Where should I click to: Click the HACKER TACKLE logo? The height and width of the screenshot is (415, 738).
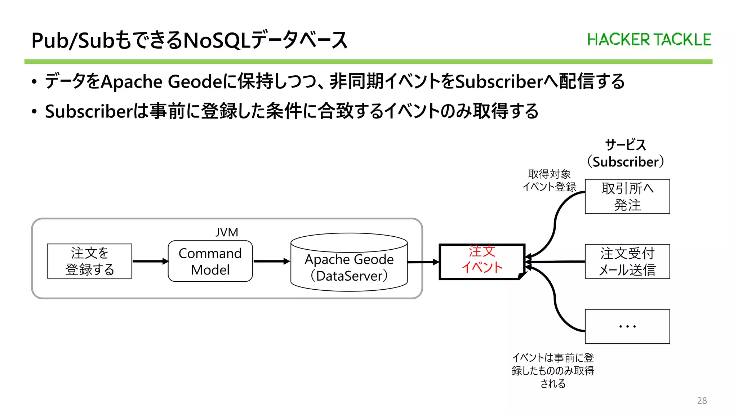tap(649, 40)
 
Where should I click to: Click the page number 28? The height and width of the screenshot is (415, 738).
tap(702, 401)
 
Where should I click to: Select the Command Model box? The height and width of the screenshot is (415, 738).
tap(210, 261)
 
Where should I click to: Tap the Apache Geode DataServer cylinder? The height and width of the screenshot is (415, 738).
tap(349, 267)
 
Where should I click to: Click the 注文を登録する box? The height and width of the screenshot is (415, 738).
tap(89, 261)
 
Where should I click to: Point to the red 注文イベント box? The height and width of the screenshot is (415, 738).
tap(482, 261)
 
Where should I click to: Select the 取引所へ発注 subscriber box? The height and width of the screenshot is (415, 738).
tap(627, 196)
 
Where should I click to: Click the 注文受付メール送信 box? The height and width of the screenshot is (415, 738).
tap(627, 262)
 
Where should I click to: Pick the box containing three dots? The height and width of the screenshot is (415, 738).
tap(627, 326)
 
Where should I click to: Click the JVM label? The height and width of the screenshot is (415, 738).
tap(227, 232)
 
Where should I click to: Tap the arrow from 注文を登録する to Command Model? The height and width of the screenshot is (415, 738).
tap(150, 261)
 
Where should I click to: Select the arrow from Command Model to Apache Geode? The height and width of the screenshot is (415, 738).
tap(271, 261)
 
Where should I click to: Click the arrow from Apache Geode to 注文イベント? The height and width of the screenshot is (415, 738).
tap(423, 262)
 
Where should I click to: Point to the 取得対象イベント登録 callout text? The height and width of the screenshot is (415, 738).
tap(549, 180)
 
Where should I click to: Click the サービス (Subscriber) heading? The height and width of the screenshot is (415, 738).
tap(625, 153)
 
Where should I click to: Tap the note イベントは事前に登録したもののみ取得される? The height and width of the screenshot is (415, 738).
tap(553, 370)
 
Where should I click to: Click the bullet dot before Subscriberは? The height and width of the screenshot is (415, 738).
tap(34, 112)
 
